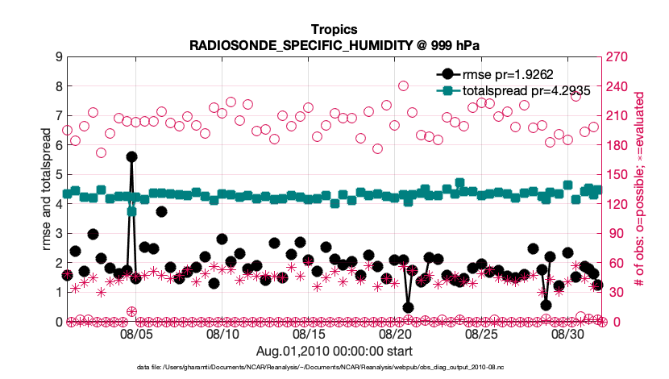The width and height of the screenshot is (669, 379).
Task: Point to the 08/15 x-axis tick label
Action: (x=309, y=334)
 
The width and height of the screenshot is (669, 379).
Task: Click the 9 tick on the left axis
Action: (x=59, y=56)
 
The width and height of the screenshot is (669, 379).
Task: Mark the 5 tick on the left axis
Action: (x=59, y=174)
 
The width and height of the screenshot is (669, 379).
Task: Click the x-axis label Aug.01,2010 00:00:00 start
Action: (x=334, y=351)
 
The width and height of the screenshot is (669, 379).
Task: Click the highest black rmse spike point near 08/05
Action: (x=131, y=156)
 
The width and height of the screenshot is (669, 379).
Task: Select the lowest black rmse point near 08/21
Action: (x=409, y=307)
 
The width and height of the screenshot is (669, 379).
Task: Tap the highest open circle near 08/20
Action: (x=403, y=85)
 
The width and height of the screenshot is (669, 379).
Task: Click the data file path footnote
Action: (x=334, y=367)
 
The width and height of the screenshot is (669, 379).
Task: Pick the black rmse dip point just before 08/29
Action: (x=546, y=305)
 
